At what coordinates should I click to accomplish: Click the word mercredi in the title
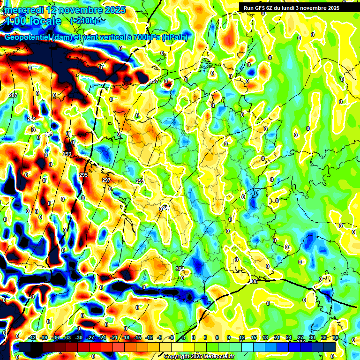coord(23,10)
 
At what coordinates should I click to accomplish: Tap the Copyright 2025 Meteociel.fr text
coord(199,356)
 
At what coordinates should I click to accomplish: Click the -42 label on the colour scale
coord(32,337)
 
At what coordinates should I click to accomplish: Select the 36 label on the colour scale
coord(336,337)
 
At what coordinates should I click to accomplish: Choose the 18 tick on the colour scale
coord(265,337)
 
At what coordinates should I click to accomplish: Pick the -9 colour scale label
coord(160,337)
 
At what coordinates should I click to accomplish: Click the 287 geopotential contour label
coord(13,96)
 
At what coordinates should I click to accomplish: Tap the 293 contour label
coord(67,154)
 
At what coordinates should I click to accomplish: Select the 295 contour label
coord(83,175)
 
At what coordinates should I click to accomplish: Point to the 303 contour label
coord(180,269)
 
